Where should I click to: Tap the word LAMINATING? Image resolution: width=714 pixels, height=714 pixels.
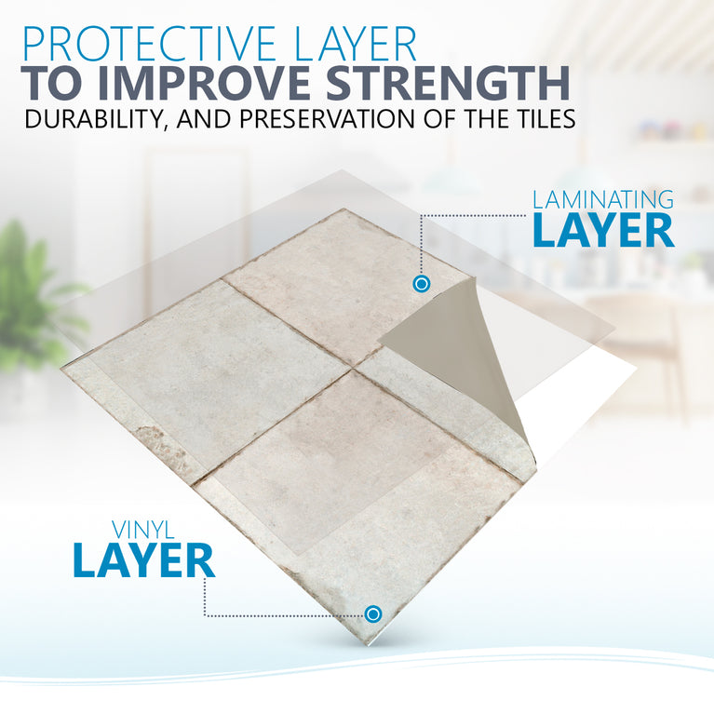point(602,200)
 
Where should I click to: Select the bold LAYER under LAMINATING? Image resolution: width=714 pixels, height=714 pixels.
point(602,232)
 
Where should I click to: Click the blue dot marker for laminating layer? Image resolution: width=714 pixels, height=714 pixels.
point(421,282)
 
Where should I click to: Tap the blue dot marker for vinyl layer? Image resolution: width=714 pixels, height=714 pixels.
point(373,613)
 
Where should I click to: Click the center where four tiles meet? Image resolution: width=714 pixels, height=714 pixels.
point(352,370)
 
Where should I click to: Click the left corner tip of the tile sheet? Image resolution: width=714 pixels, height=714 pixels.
point(63,366)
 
